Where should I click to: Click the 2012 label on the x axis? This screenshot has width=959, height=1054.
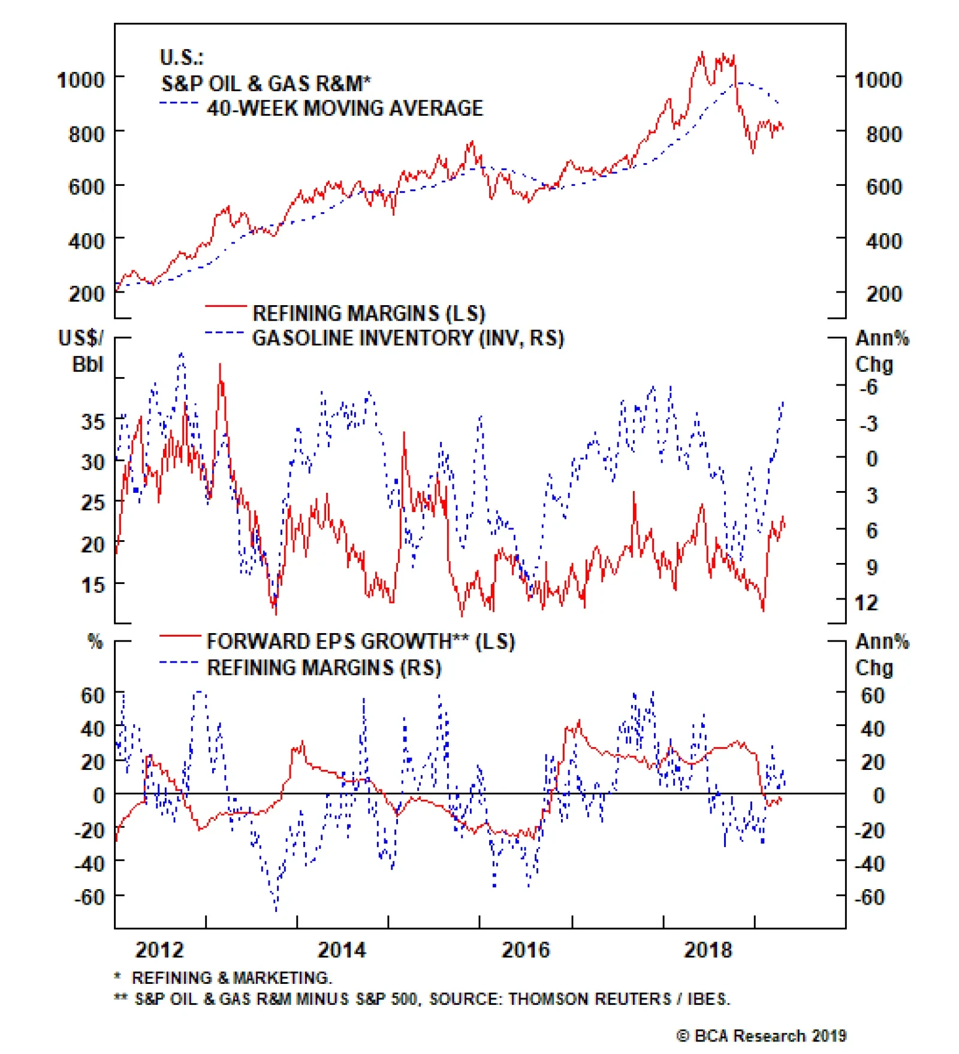[x=159, y=949]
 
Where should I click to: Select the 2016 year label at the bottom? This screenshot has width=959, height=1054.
[x=525, y=949]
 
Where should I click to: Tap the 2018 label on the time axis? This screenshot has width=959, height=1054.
[x=708, y=949]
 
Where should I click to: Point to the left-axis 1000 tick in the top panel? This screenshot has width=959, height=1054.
[x=80, y=80]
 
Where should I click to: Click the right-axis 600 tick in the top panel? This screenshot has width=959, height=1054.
[x=883, y=187]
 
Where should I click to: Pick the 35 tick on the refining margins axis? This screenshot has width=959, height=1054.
[x=93, y=421]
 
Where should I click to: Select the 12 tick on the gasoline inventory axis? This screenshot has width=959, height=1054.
[x=866, y=602]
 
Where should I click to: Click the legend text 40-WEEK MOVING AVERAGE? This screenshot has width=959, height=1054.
[x=345, y=108]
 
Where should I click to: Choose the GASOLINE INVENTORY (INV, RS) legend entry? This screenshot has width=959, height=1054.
[x=408, y=338]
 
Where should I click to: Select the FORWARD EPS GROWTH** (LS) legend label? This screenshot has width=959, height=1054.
[x=360, y=642]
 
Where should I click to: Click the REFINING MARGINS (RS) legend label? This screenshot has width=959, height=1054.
[x=324, y=668]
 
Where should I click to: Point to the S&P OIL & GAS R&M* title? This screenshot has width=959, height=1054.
[x=266, y=83]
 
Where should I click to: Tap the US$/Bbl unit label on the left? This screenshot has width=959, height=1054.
[x=81, y=351]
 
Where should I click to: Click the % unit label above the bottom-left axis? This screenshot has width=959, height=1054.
[x=95, y=642]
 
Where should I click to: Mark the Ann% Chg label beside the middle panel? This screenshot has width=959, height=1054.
[x=881, y=351]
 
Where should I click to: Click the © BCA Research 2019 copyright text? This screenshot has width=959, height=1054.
[x=761, y=1035]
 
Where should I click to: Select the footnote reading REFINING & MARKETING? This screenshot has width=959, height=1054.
[x=231, y=978]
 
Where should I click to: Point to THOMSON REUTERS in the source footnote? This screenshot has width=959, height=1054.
[x=589, y=999]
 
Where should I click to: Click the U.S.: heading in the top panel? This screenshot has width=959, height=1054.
[x=182, y=58]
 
